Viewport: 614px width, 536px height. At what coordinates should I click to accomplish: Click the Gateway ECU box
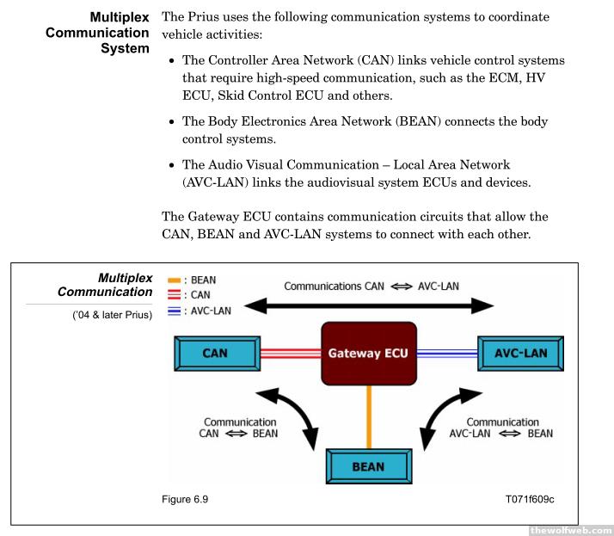pos(368,353)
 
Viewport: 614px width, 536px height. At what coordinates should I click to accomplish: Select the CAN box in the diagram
pos(215,353)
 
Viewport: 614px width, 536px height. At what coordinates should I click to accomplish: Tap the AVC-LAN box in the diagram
pos(520,353)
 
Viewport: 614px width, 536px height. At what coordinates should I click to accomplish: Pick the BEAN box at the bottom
pos(368,466)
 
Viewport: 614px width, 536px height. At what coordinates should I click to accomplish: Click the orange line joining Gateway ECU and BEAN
pos(369,416)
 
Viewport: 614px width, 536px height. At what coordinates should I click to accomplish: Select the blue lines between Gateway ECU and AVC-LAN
pos(447,353)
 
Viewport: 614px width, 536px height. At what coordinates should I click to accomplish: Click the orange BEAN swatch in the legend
pos(173,280)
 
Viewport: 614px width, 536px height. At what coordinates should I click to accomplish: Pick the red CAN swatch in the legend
pos(173,295)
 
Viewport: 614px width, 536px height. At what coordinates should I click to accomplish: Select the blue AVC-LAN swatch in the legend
pos(173,311)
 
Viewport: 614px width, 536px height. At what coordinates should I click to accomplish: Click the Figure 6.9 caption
pos(184,498)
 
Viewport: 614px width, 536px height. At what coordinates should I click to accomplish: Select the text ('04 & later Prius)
pos(112,316)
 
